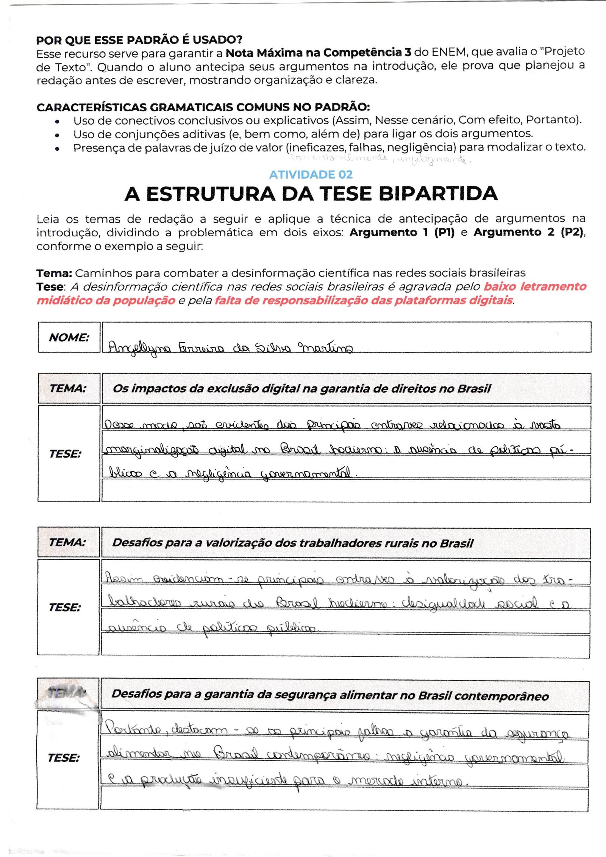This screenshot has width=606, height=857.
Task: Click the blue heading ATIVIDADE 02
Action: pos(311,175)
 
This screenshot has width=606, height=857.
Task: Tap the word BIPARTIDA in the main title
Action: pos(438,194)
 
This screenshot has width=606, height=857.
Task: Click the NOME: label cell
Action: pos(69,337)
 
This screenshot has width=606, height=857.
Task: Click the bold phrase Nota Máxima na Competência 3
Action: pos(318,52)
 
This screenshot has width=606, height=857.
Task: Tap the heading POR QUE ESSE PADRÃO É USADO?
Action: pos(139,39)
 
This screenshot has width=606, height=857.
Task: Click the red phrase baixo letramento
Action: pos(535,287)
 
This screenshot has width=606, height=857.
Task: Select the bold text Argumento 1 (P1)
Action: pos(401,232)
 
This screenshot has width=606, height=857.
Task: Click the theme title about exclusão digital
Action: pos(301,389)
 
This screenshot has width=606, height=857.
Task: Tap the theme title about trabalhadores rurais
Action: pos(292,543)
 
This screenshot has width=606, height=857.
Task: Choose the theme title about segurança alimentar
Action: pos(330,695)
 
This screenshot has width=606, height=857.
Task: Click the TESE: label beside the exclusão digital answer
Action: pos(65,454)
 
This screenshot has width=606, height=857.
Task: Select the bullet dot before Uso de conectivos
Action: pos(57,122)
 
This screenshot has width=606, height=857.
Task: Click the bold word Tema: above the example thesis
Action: pos(54,273)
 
